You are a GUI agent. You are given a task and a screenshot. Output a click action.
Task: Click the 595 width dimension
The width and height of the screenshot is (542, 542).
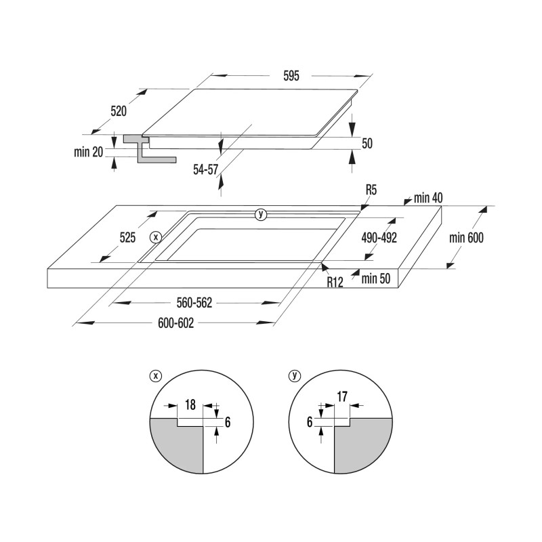[291, 76]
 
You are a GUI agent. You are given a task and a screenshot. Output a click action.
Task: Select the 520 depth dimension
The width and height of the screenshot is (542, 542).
[119, 111]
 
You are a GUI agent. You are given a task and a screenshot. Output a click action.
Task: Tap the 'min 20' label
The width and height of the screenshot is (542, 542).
[89, 152]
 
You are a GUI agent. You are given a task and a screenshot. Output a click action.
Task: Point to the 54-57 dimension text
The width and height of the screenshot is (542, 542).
[206, 169]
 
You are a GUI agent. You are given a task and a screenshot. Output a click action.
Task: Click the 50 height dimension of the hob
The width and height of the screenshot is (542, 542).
[367, 143]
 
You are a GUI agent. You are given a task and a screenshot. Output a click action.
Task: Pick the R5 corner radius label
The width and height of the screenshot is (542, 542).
[371, 190]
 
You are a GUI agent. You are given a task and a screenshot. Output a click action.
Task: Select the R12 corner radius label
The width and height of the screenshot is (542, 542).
[335, 282]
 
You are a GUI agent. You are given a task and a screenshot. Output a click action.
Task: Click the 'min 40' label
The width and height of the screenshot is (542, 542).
[428, 198]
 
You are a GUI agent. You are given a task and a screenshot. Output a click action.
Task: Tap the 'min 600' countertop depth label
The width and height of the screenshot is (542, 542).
[466, 238]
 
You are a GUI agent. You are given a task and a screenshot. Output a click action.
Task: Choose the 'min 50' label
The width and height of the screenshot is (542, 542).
[376, 278]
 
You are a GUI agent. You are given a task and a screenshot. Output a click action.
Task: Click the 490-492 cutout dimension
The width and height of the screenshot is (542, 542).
[379, 238]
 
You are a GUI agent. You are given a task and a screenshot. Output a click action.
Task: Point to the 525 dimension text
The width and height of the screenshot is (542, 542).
[127, 238]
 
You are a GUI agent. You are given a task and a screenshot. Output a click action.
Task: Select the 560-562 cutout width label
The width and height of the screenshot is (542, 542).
[194, 303]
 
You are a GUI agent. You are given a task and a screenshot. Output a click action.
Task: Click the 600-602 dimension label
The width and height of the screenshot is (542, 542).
[176, 323]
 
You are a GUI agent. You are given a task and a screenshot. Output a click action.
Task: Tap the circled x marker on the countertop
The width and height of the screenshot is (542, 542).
[156, 237]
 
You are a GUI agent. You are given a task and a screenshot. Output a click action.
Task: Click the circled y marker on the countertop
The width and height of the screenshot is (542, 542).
[261, 214]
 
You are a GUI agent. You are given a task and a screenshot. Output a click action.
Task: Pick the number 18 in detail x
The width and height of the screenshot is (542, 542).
[190, 404]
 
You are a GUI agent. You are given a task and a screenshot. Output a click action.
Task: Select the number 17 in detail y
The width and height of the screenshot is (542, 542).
[342, 397]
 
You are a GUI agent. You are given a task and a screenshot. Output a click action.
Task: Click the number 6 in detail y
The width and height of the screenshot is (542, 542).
[310, 422]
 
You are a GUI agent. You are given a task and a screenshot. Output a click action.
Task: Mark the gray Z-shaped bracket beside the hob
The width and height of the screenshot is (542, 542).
[150, 148]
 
